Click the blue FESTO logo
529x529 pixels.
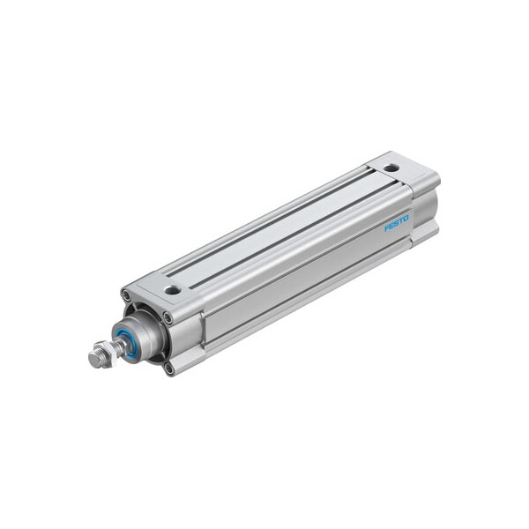(x=397, y=226)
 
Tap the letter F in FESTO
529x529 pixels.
(x=387, y=231)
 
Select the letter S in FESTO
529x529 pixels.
(x=397, y=226)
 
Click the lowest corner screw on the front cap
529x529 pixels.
(x=168, y=367)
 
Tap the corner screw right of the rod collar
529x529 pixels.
(x=168, y=317)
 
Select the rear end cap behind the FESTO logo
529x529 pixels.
(x=421, y=207)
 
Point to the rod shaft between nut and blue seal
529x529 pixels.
(x=115, y=348)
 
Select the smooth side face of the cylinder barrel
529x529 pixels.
(x=291, y=282)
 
